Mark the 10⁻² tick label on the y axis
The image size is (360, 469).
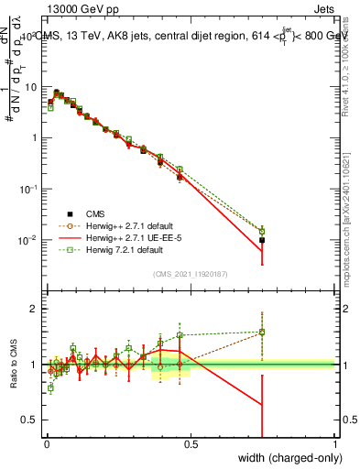[x=29, y=240]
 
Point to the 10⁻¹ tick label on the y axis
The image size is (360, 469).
[x=29, y=189]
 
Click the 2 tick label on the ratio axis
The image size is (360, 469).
[x=34, y=309]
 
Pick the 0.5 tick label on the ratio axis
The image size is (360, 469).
[x=29, y=420]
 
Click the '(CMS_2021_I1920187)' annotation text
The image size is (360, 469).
[x=191, y=274]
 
